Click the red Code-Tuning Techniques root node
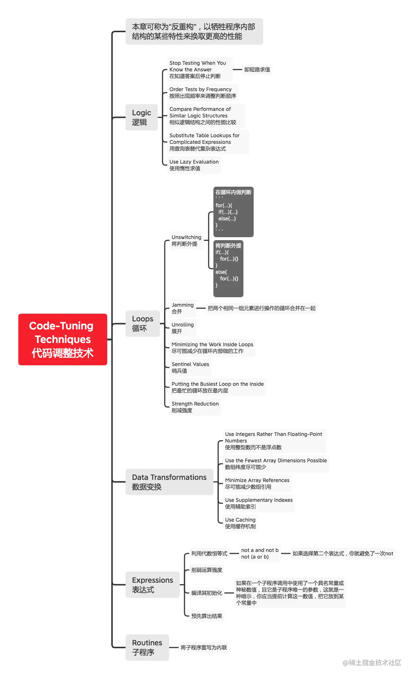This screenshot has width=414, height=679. click(63, 339)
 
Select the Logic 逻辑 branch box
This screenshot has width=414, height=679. click(142, 117)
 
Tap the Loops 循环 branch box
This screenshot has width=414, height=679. click(143, 324)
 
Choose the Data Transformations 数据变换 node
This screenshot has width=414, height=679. click(169, 482)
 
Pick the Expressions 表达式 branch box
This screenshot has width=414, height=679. click(152, 585)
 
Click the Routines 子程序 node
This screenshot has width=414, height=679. click(147, 647)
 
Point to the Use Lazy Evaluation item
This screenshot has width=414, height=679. click(194, 165)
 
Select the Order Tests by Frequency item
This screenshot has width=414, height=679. click(202, 93)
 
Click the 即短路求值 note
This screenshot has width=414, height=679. click(257, 70)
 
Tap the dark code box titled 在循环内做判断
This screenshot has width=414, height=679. click(233, 212)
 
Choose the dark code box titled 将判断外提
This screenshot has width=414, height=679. click(228, 268)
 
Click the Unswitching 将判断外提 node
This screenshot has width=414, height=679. click(186, 240)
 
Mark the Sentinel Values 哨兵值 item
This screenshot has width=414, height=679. click(190, 368)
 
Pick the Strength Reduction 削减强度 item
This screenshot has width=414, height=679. click(195, 407)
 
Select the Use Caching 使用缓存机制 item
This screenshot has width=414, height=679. click(240, 523)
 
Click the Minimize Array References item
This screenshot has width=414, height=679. click(257, 484)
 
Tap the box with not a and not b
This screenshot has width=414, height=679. click(260, 553)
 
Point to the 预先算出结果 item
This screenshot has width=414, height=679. click(206, 616)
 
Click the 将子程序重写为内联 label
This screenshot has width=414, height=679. click(204, 648)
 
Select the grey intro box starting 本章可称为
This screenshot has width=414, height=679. click(194, 31)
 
